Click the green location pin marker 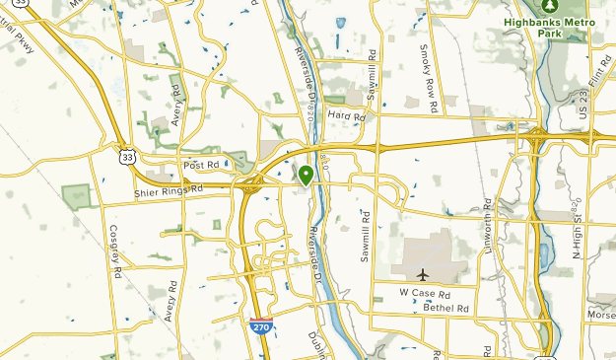click(307, 176)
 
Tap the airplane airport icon click(424, 274)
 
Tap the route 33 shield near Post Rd click(125, 156)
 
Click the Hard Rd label click(346, 116)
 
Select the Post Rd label click(199, 166)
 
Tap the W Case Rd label click(424, 293)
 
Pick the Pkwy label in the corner click(21, 39)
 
